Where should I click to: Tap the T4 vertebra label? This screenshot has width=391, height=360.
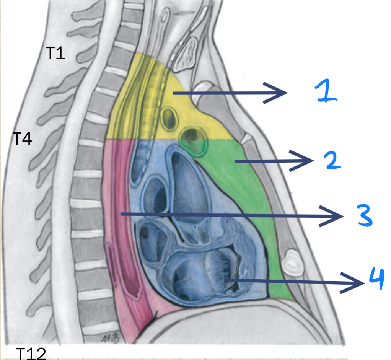[x=22, y=138]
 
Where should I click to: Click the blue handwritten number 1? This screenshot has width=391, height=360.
[x=325, y=92]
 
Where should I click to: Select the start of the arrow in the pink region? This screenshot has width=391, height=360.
[x=122, y=215]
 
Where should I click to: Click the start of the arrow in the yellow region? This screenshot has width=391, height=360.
[x=173, y=93]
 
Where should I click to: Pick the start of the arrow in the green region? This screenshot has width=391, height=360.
[x=235, y=161]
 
